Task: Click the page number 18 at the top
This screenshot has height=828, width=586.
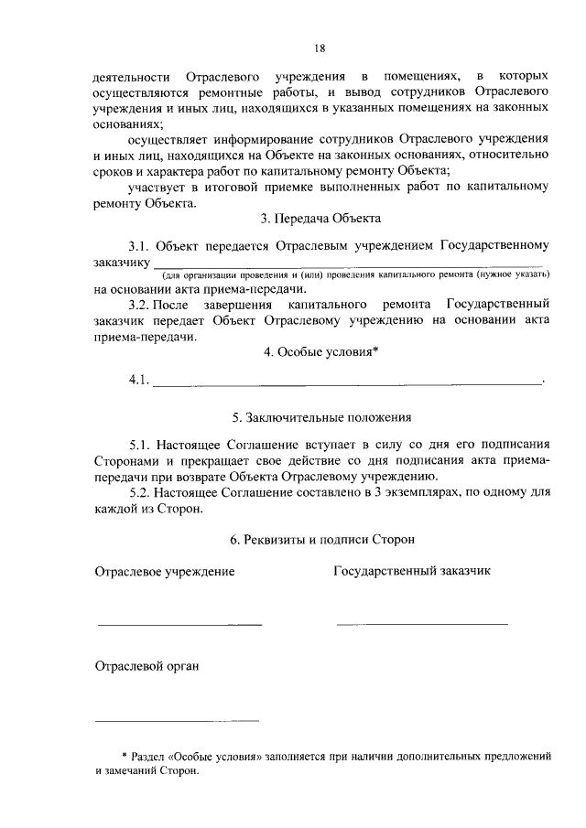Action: click(320, 48)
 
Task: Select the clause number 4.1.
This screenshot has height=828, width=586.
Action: click(139, 381)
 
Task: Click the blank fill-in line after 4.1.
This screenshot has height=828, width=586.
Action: click(347, 384)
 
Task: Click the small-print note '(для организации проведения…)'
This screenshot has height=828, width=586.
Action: click(356, 275)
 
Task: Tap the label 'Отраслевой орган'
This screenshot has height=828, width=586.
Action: click(146, 666)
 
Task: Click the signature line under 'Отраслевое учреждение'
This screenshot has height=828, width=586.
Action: click(179, 624)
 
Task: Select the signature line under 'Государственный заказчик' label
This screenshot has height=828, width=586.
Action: click(421, 624)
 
